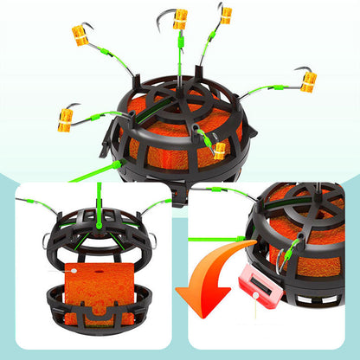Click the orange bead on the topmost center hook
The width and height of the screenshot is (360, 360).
pyautogui.click(x=180, y=19)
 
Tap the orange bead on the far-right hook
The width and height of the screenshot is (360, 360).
pyautogui.click(x=308, y=81)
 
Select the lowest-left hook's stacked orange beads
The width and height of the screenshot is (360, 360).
pyautogui.click(x=65, y=119)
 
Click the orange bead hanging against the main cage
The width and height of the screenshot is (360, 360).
pyautogui.click(x=220, y=151)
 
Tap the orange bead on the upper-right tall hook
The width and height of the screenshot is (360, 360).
pyautogui.click(x=226, y=15)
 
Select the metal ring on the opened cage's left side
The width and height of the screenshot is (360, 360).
pyautogui.click(x=46, y=241)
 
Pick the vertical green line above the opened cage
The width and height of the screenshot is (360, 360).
pyautogui.click(x=99, y=196)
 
